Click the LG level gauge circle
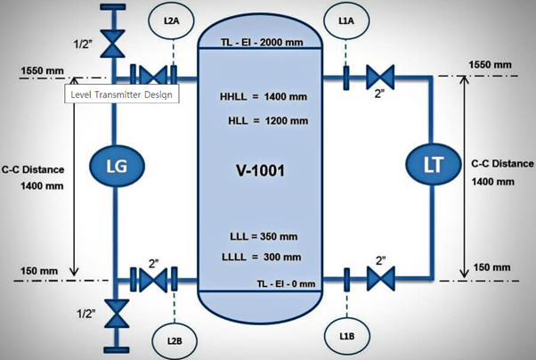[x=116, y=167]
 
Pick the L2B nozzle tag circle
[x=175, y=340]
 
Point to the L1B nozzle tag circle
[x=347, y=335]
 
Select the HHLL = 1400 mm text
[x=264, y=96]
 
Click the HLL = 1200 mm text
[x=266, y=120]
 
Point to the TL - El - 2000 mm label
[x=262, y=43]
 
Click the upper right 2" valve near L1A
[x=380, y=77]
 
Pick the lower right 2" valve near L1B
[x=380, y=280]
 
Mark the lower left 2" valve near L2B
[x=153, y=280]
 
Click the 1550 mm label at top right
[x=490, y=65]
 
